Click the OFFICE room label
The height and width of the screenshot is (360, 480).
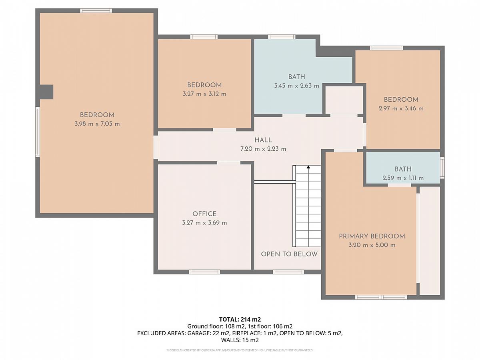click(x=204, y=214)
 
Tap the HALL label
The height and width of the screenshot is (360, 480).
click(x=263, y=140)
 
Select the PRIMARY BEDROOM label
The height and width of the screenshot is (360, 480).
click(x=372, y=236)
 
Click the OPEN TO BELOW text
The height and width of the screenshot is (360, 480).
click(x=289, y=254)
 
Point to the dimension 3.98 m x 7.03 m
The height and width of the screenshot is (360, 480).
click(x=97, y=124)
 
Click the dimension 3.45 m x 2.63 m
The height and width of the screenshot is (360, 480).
click(x=296, y=86)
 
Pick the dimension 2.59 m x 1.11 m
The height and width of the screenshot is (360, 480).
click(x=403, y=178)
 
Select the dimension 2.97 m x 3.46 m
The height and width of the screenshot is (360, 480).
click(x=401, y=108)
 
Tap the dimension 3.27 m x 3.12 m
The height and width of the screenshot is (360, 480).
click(x=204, y=94)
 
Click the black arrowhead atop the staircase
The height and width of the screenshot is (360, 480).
click(x=308, y=167)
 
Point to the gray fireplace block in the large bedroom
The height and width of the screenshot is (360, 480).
click(x=46, y=92)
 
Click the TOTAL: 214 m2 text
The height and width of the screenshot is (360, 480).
click(x=240, y=319)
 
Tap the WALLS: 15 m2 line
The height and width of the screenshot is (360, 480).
click(x=240, y=340)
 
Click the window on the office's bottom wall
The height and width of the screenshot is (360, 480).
click(x=204, y=272)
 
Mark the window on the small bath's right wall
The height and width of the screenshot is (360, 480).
click(x=442, y=168)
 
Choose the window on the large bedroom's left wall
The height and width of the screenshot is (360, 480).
click(x=38, y=132)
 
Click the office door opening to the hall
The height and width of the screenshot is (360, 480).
click(x=229, y=163)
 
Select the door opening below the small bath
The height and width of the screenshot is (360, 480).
click(x=400, y=185)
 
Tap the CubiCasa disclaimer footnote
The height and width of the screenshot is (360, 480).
click(x=240, y=350)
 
